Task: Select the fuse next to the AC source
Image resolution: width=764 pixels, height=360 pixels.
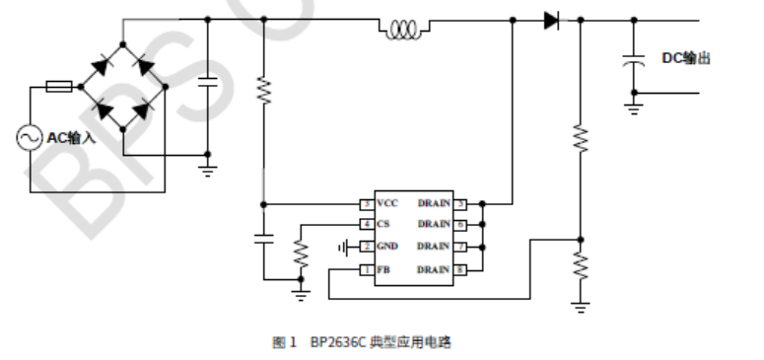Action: tap(58, 87)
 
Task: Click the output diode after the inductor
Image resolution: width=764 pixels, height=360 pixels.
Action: tap(551, 20)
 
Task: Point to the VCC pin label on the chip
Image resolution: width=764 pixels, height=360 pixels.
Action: tap(387, 203)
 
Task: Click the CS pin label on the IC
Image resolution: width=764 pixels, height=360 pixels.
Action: tap(383, 224)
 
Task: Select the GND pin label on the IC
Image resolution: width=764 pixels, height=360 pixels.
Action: tap(387, 247)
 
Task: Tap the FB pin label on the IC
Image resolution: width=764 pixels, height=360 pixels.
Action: tap(383, 269)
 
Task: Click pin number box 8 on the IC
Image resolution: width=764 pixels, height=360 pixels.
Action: tap(459, 269)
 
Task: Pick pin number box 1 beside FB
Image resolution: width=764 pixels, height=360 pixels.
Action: tap(366, 269)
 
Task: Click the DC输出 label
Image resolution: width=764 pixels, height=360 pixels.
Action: tap(685, 59)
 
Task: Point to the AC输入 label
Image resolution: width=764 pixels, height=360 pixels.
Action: tap(72, 138)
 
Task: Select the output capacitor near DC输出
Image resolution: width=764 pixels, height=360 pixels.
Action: tap(634, 60)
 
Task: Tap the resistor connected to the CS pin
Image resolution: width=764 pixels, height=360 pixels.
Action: tap(302, 253)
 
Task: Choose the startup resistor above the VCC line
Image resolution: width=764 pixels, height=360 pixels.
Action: tap(263, 92)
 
